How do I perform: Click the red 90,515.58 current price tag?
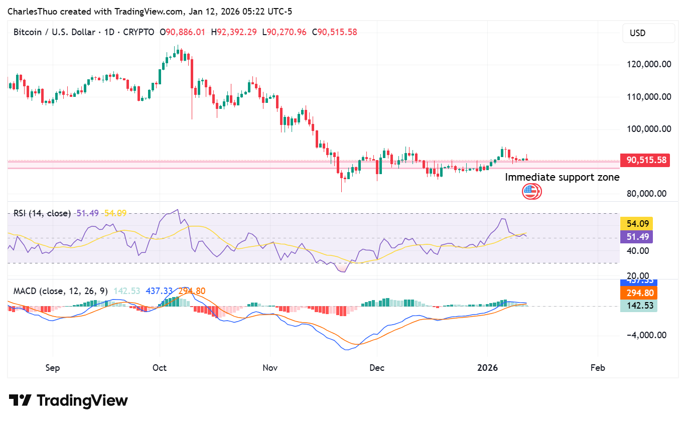(645, 161)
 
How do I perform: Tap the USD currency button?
(648, 33)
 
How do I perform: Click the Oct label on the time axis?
(160, 368)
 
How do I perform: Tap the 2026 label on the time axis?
(487, 368)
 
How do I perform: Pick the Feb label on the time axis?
(598, 368)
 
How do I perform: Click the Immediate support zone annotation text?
(562, 177)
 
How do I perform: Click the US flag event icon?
(529, 191)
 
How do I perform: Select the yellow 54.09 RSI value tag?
(636, 224)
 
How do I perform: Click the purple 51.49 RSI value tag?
(636, 237)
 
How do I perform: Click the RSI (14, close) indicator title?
(42, 213)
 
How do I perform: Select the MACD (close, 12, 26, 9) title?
(60, 291)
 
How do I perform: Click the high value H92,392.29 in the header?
(234, 32)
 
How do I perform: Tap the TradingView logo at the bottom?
(68, 400)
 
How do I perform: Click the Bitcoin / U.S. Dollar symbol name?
(54, 32)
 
